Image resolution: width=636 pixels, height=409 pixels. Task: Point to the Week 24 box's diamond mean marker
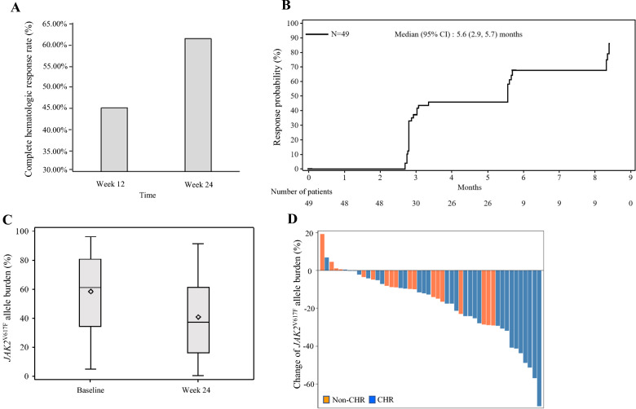click(x=198, y=317)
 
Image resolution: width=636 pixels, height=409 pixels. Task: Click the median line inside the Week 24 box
click(x=198, y=323)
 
